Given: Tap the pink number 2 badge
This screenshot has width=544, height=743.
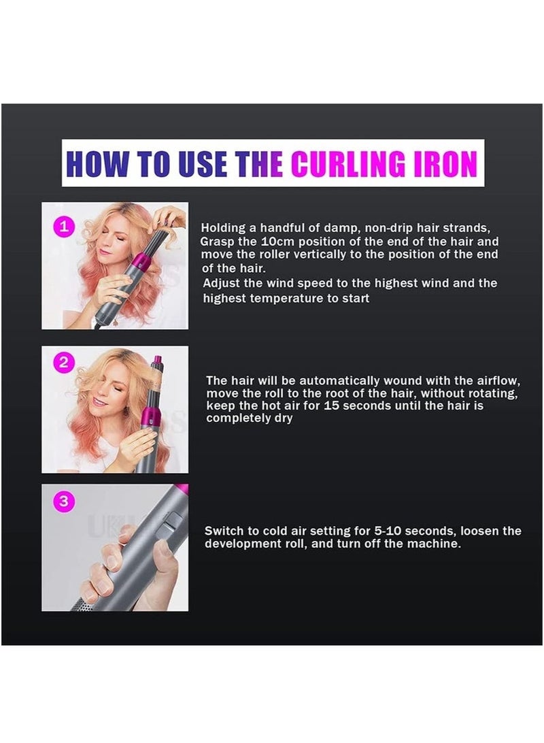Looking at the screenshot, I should (x=64, y=363).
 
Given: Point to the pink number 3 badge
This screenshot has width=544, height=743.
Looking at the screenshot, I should (x=64, y=502).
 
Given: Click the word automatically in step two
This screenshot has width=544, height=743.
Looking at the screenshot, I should (x=313, y=382).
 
